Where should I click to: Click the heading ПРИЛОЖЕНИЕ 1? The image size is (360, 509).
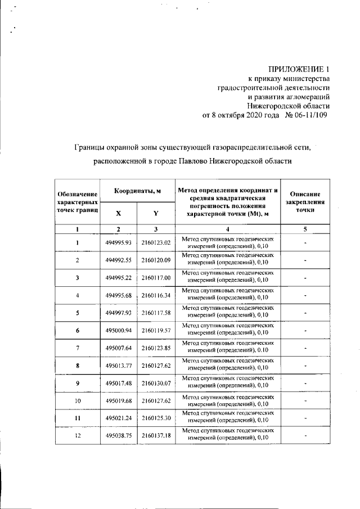[298, 69]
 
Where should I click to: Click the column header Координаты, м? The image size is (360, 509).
[138, 192]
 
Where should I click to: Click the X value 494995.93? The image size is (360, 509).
[118, 243]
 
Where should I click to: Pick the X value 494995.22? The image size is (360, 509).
[118, 278]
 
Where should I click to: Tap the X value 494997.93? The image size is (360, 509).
[118, 313]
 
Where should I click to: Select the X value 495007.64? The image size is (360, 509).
[118, 348]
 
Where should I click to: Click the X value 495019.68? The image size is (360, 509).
[118, 400]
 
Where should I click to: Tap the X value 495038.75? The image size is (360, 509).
[118, 435]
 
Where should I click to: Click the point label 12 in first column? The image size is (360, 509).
[78, 435]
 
